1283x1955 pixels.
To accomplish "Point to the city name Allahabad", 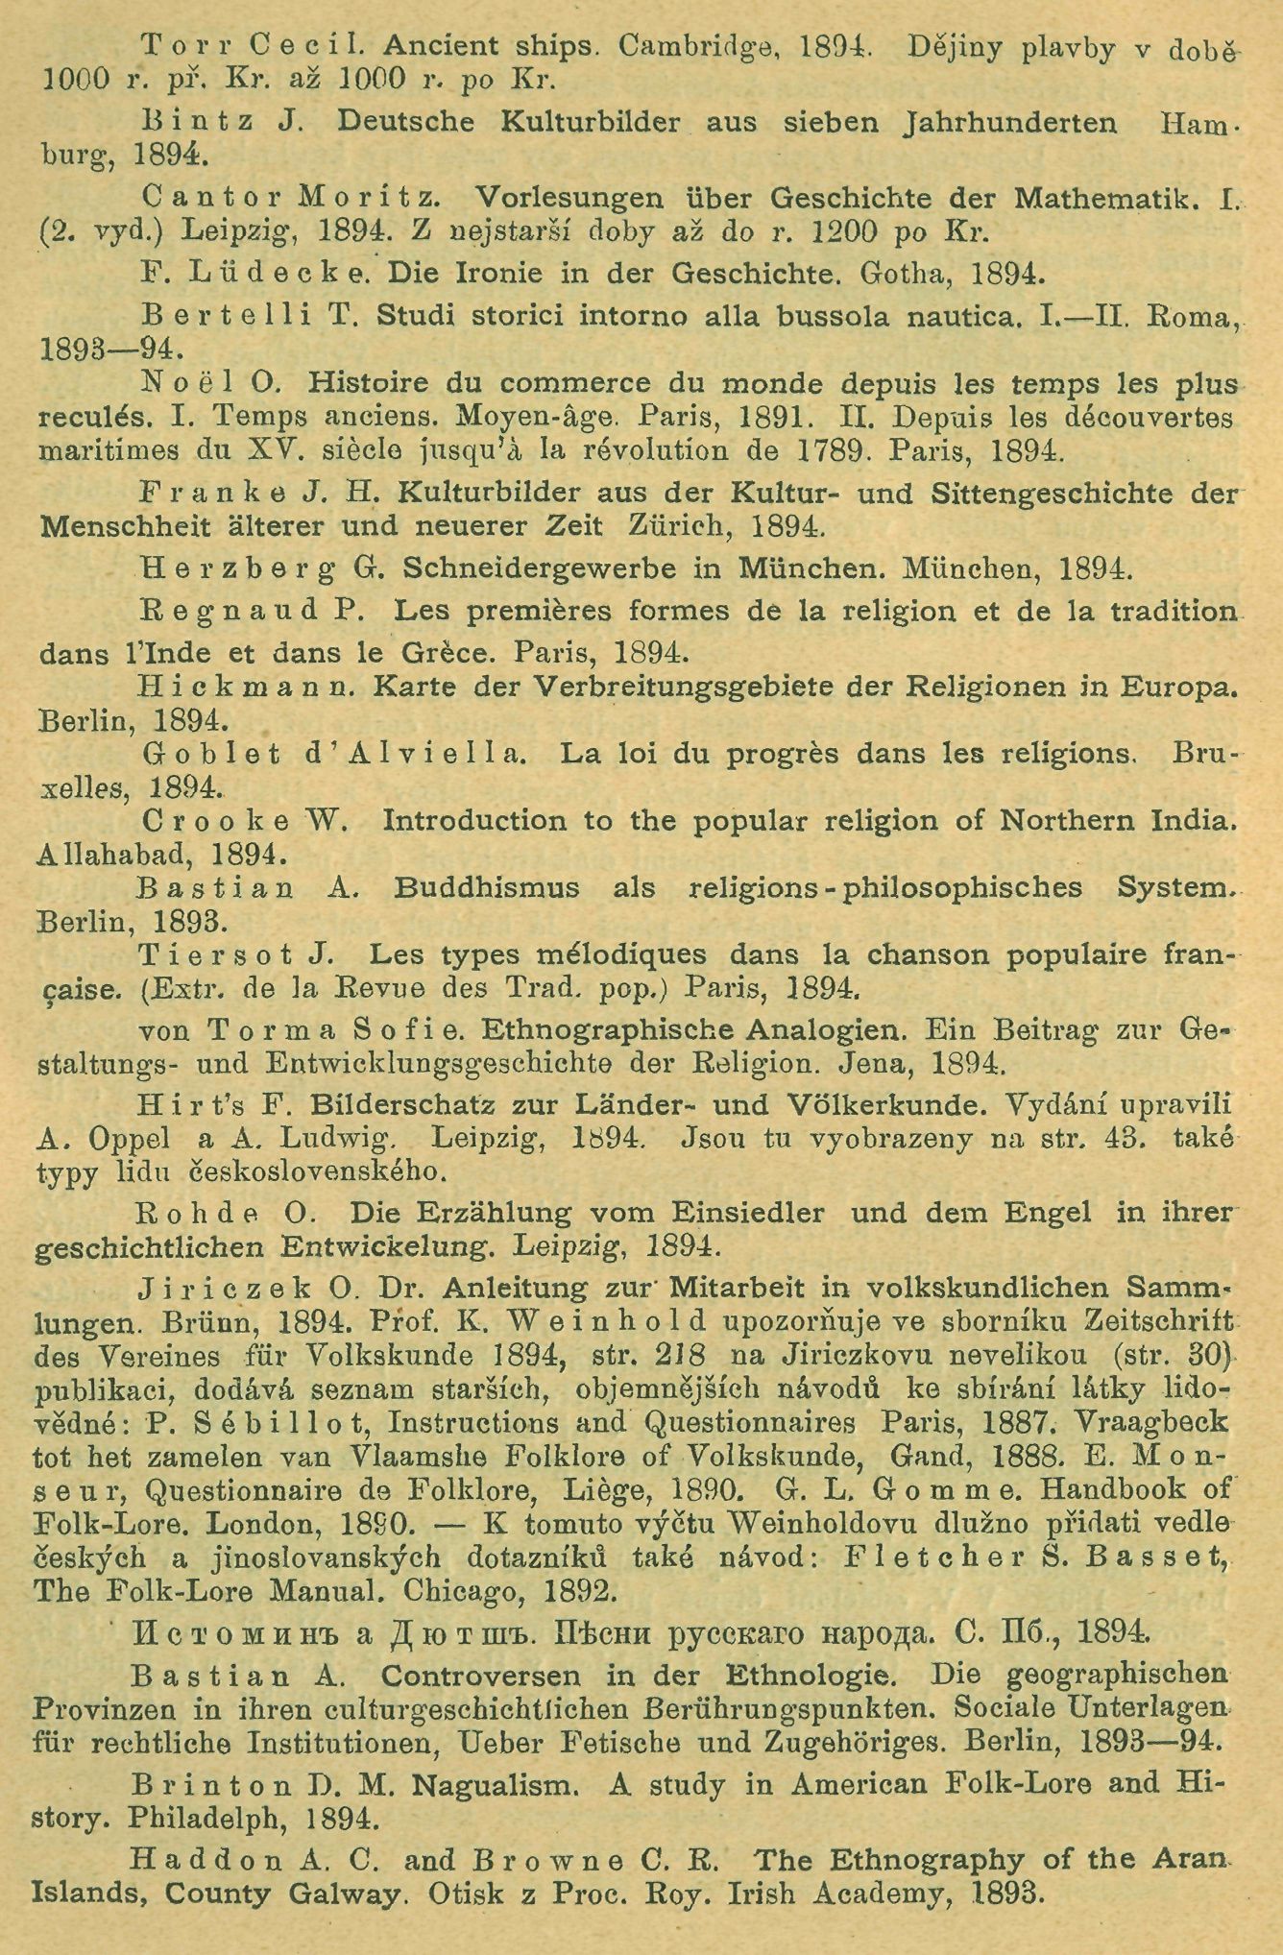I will [113, 853].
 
